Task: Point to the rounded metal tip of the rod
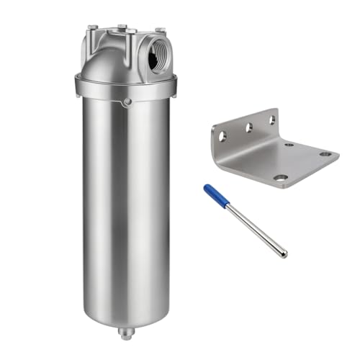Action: pyautogui.click(x=284, y=253)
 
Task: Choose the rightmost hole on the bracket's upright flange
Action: pyautogui.click(x=271, y=120)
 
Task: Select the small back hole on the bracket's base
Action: pyautogui.click(x=289, y=145)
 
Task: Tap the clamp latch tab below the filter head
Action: pyautogui.click(x=127, y=102)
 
